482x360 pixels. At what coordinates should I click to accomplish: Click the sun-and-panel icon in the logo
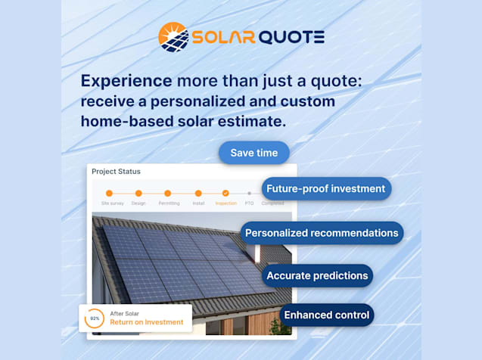[173, 37]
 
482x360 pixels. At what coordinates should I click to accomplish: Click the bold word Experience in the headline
[126, 82]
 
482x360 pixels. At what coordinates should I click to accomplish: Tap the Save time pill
[254, 153]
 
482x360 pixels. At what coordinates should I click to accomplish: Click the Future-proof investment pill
[327, 188]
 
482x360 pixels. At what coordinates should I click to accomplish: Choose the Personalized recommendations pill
[322, 233]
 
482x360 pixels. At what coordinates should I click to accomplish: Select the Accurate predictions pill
[318, 275]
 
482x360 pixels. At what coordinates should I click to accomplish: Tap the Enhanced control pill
[326, 315]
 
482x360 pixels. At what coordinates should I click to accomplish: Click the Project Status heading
[115, 172]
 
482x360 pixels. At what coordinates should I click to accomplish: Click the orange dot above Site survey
[109, 193]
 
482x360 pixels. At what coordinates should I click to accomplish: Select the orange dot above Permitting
[168, 193]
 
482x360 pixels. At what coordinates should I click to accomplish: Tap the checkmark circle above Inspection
[225, 193]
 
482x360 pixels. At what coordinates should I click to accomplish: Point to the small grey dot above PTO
[249, 194]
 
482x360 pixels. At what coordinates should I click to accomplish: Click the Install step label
[198, 203]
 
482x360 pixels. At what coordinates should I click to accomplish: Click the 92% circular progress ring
[95, 318]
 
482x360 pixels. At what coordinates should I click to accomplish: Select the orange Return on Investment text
[147, 322]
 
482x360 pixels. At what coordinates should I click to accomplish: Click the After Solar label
[125, 313]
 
